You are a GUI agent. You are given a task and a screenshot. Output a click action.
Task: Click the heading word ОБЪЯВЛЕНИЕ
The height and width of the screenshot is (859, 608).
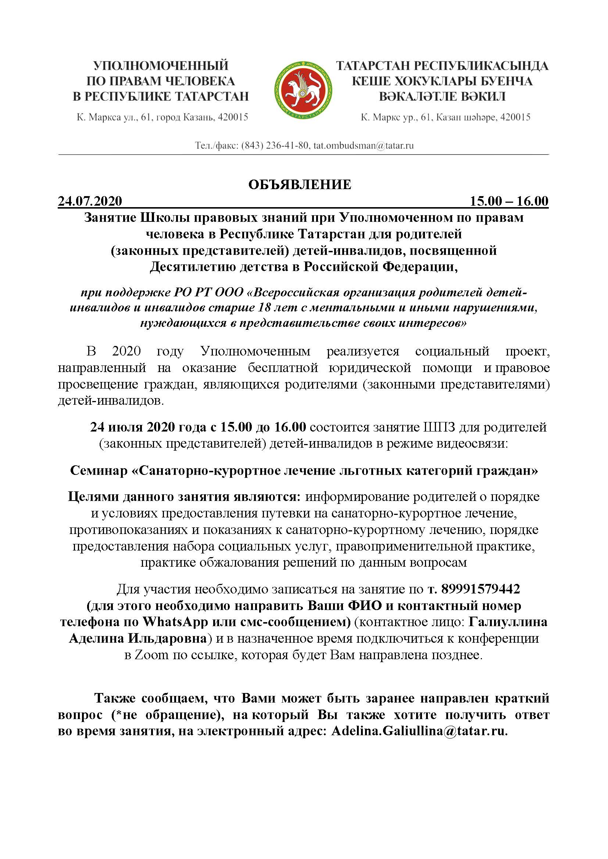[300, 185]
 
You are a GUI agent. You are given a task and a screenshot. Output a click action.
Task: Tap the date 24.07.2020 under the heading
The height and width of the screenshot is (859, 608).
[90, 201]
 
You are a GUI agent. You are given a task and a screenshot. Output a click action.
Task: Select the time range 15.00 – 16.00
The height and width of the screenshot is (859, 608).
[509, 201]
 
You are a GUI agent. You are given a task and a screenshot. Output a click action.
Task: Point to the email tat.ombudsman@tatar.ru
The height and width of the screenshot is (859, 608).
[364, 145]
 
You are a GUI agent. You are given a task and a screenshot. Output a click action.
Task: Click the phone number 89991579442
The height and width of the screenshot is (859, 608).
[481, 589]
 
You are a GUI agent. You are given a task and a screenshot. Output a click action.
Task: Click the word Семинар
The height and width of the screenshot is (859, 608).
[99, 470]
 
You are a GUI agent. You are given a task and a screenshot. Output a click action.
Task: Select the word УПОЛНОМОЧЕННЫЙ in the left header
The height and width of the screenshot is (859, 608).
[161, 66]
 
